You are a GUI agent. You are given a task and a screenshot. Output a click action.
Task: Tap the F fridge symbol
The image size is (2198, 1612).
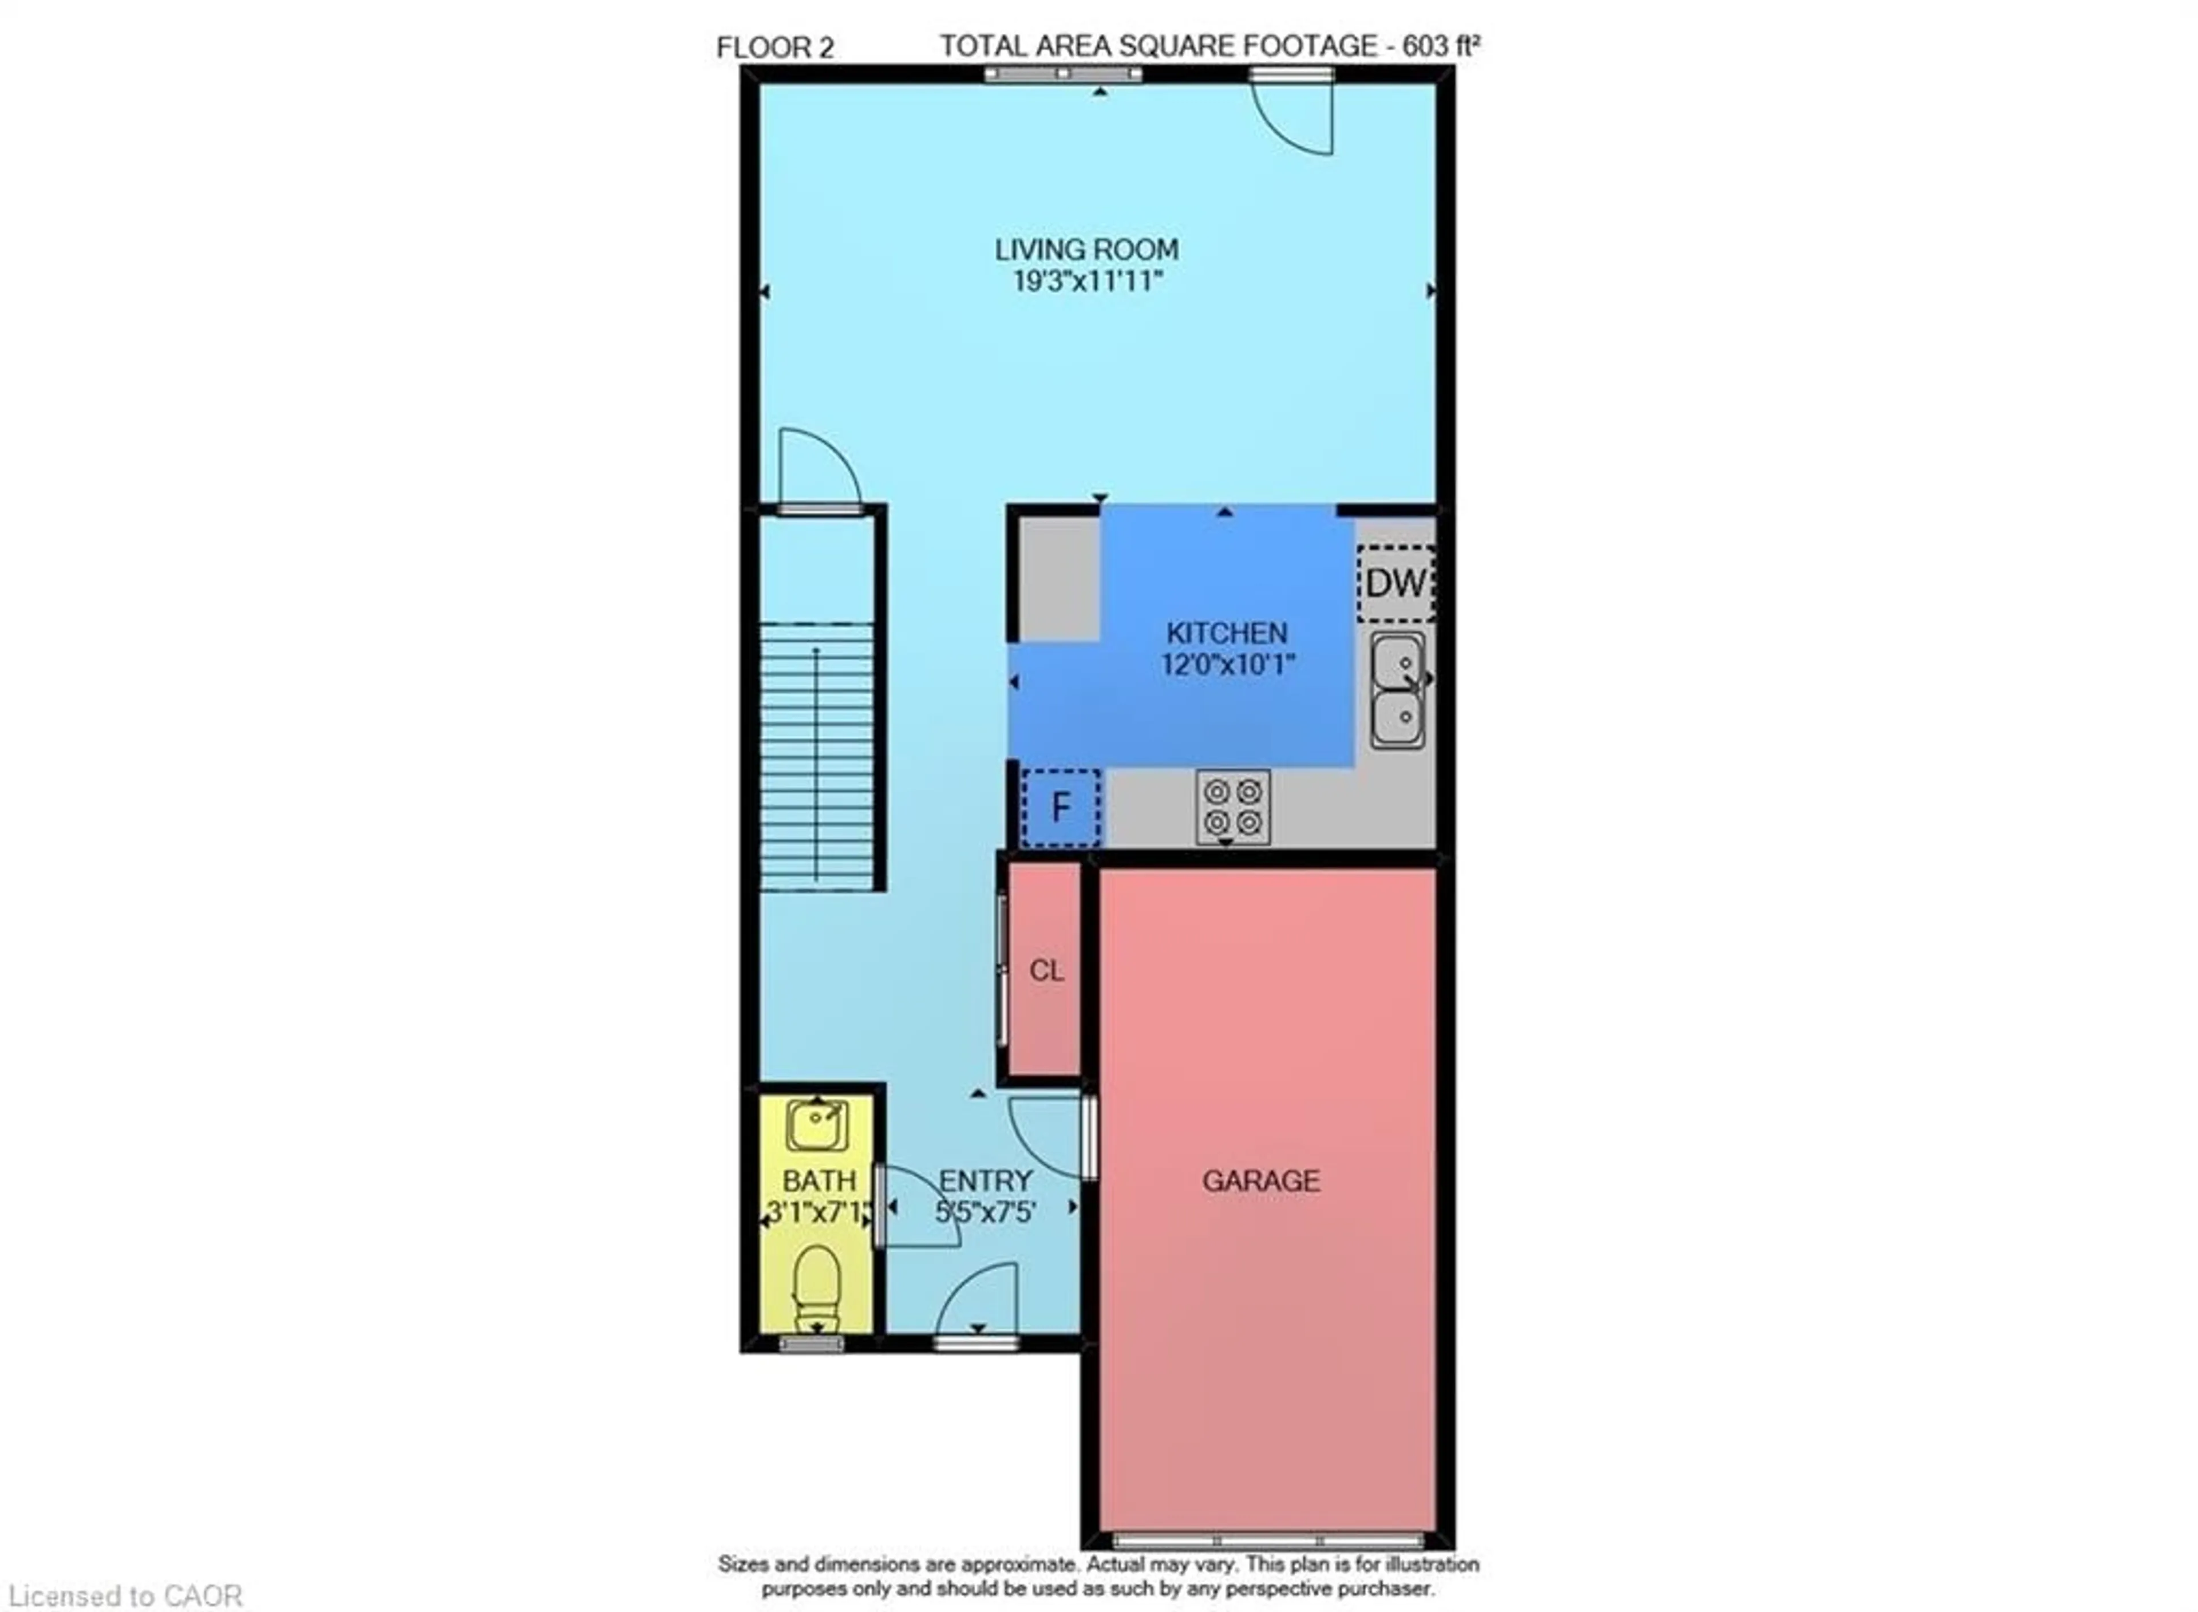[1061, 808]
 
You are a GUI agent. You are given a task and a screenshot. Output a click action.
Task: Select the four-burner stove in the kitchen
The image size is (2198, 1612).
[1233, 806]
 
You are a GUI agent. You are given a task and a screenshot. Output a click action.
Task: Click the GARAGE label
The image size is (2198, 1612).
[1260, 1182]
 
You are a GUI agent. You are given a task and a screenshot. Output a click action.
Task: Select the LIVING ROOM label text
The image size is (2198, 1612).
[1086, 250]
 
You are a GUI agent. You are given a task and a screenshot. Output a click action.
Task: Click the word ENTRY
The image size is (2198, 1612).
[985, 1182]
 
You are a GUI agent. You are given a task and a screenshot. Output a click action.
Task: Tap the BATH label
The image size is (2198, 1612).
[819, 1182]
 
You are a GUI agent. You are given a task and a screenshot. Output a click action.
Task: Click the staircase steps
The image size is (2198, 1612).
[817, 756]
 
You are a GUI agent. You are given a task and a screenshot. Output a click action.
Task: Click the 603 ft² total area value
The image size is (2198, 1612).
[1441, 46]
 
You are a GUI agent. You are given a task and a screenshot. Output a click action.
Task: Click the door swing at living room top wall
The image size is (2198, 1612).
[1295, 117]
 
